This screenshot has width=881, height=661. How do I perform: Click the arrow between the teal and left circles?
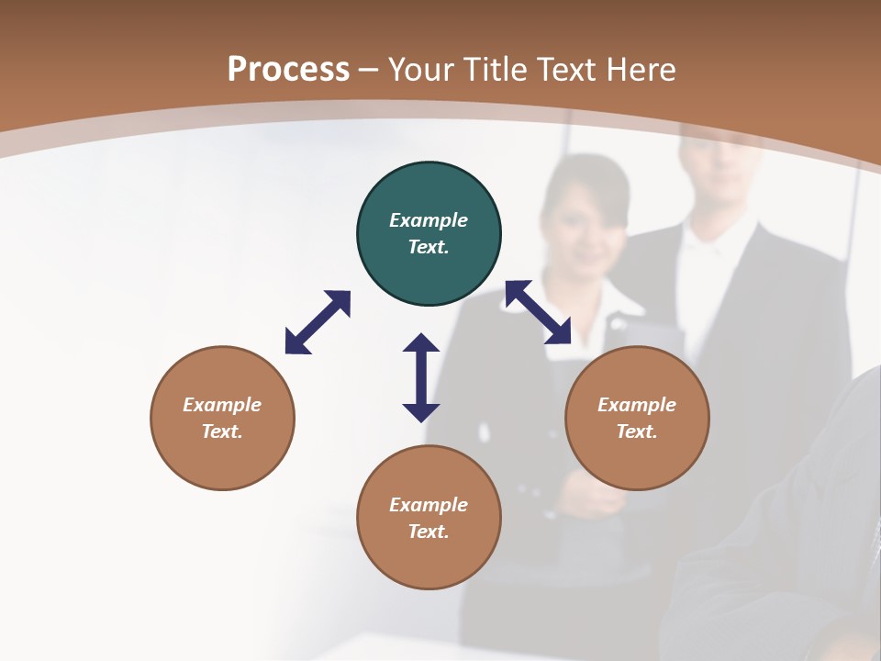click(x=318, y=322)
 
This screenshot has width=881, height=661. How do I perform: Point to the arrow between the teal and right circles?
click(x=539, y=313)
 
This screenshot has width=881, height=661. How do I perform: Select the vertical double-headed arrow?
click(x=421, y=378)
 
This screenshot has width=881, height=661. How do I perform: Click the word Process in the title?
click(x=288, y=69)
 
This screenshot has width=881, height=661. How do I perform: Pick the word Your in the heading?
click(x=423, y=69)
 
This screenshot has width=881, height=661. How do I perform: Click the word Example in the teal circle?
click(x=429, y=220)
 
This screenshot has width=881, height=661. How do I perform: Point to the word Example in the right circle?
click(x=637, y=405)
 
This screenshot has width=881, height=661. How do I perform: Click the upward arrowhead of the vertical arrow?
click(x=421, y=344)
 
